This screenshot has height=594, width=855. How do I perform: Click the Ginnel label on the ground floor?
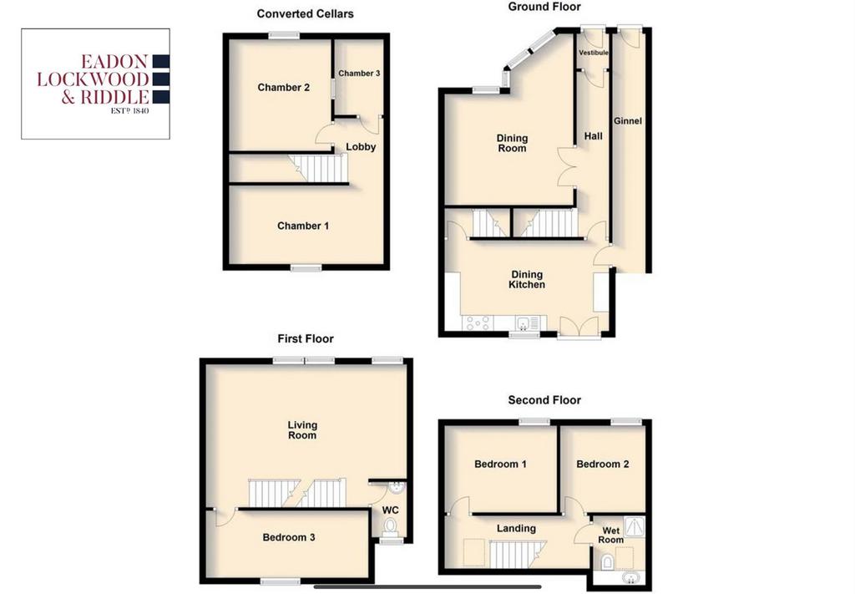tap(628, 121)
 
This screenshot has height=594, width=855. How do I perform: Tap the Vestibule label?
tap(594, 53)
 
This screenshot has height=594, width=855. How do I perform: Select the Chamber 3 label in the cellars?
tap(359, 73)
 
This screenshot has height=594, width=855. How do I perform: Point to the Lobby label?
tap(361, 147)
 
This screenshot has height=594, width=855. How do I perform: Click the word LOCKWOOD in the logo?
tap(94, 79)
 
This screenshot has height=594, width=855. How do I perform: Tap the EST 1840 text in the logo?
tap(129, 111)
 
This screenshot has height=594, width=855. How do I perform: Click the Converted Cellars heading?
tap(306, 13)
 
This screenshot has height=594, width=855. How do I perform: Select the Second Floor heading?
tap(544, 400)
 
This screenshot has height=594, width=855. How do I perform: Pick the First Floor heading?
tap(306, 338)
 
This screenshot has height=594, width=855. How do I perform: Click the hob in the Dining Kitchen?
tap(477, 323)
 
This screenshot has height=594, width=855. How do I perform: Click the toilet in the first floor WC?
tap(390, 527)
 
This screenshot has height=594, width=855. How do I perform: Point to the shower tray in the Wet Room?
tap(635, 526)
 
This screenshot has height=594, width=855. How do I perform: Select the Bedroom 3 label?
tap(288, 537)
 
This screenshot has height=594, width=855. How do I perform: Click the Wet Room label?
tap(610, 535)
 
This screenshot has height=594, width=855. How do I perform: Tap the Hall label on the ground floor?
tap(594, 136)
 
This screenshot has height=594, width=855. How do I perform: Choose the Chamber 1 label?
tap(302, 226)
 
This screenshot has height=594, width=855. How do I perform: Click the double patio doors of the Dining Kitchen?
tap(579, 327)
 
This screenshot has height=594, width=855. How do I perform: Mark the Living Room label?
tap(302, 429)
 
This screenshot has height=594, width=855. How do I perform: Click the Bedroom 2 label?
tap(603, 465)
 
